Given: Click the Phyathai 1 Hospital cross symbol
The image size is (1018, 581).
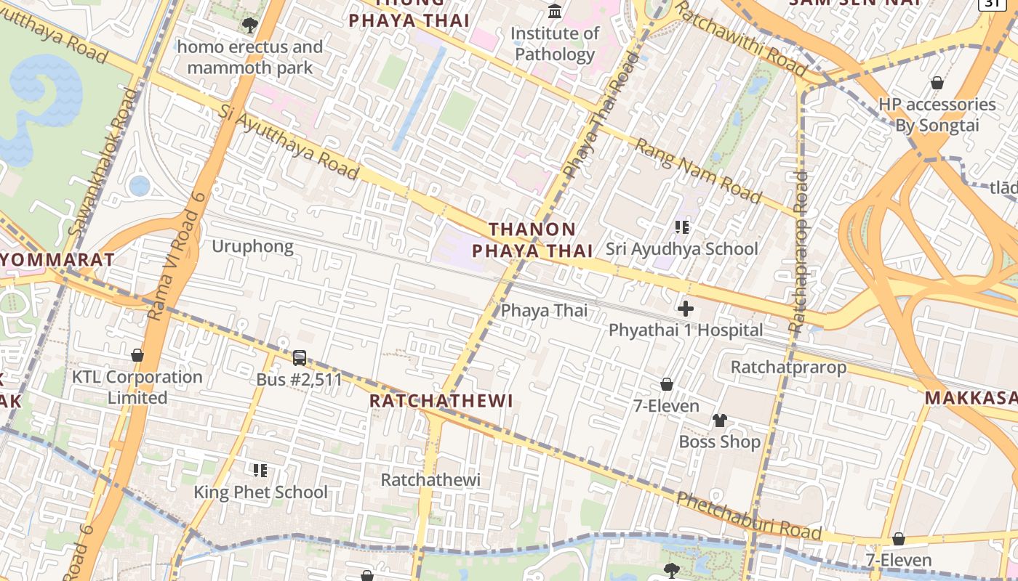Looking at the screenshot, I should [685, 309].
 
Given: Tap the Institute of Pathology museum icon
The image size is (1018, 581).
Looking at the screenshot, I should [555, 11].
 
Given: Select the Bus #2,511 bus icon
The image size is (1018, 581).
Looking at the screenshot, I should [299, 357].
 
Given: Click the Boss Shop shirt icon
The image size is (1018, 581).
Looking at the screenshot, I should [720, 420].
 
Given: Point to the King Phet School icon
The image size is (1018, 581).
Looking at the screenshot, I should [260, 471].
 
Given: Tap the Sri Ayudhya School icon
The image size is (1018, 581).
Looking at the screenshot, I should [681, 227].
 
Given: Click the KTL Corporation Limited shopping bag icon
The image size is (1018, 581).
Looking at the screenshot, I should [137, 355].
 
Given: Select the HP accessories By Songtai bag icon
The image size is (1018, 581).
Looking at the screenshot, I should [937, 83].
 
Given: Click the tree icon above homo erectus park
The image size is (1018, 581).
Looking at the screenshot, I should [249, 26].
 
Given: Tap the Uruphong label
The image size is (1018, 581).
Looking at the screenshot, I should [252, 246].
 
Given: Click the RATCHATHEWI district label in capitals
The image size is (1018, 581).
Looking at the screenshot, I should [441, 401].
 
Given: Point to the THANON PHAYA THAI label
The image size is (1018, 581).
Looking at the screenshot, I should [533, 240].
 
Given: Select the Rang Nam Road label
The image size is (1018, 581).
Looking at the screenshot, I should [698, 171].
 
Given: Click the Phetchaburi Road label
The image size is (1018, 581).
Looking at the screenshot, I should [749, 516].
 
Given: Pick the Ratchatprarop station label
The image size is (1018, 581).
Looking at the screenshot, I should [788, 367].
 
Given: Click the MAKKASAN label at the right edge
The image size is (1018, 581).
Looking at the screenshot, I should [971, 398].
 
